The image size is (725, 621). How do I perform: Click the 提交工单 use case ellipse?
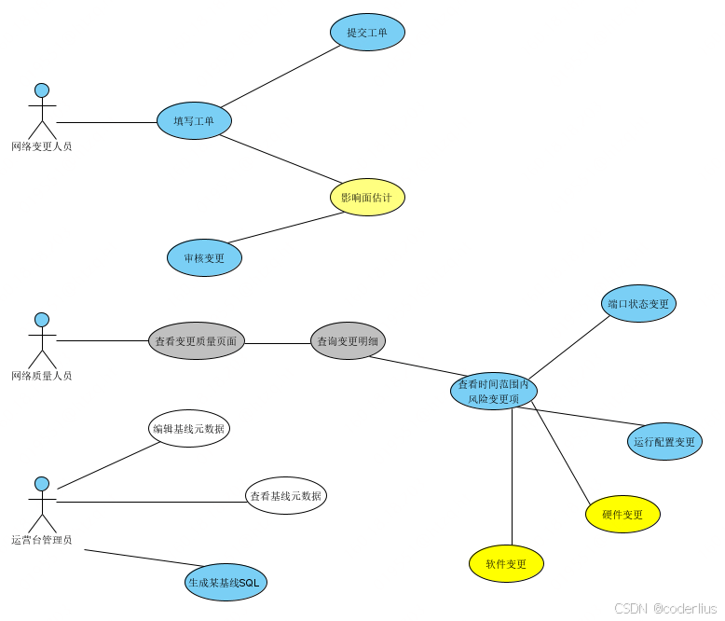(367, 33)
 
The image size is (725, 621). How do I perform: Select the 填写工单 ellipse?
(194, 121)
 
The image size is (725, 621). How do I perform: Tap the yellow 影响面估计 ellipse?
(367, 198)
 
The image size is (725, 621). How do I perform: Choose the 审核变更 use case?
(204, 258)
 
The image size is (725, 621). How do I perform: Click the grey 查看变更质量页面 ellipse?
(196, 341)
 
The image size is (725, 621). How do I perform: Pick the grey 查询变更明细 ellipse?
(348, 341)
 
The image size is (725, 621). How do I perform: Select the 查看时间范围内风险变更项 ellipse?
(493, 392)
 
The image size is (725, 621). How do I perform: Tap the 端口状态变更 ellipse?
(638, 304)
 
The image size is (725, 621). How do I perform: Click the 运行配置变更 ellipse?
(664, 442)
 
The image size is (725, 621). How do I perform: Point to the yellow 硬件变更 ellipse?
(622, 515)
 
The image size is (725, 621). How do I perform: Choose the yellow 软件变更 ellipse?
(506, 564)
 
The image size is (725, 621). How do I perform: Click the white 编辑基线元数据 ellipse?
(189, 429)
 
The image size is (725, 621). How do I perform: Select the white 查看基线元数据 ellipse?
(286, 496)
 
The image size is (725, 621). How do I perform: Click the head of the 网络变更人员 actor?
(42, 90)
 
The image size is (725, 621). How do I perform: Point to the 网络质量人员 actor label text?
(42, 376)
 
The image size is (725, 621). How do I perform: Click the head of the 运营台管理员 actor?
(42, 484)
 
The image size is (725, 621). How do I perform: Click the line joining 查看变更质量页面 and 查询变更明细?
(277, 343)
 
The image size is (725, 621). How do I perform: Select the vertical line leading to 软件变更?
(512, 476)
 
